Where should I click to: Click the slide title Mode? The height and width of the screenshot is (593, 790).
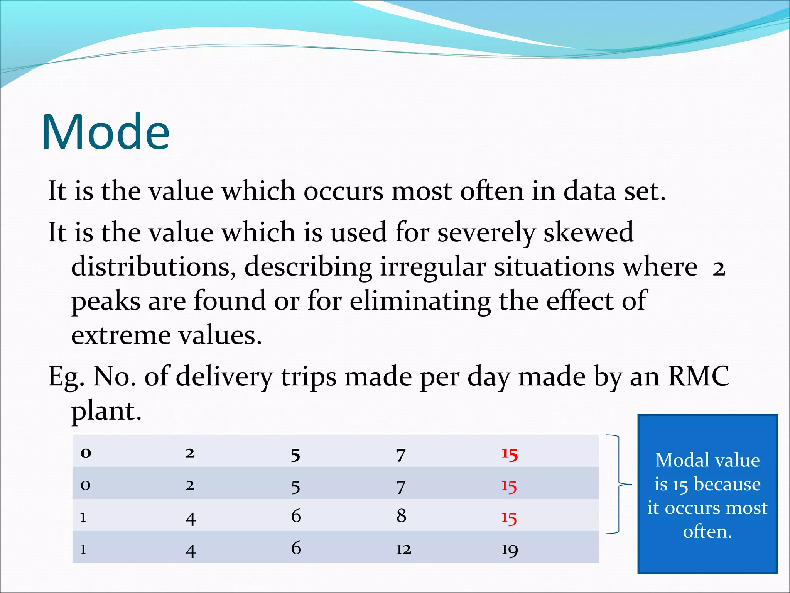[x=105, y=132]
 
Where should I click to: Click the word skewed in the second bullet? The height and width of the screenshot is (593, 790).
[x=588, y=233]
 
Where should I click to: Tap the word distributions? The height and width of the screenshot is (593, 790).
[x=153, y=267]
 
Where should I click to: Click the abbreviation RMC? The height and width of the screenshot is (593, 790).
[x=698, y=376]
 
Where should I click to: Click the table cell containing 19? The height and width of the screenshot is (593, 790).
[x=509, y=549]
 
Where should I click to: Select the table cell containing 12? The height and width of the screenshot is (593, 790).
[x=403, y=549]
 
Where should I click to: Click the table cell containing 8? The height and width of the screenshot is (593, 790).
[x=401, y=516]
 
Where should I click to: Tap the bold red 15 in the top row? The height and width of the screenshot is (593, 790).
[x=509, y=454]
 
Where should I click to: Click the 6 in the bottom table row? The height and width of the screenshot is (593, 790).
[x=296, y=548]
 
